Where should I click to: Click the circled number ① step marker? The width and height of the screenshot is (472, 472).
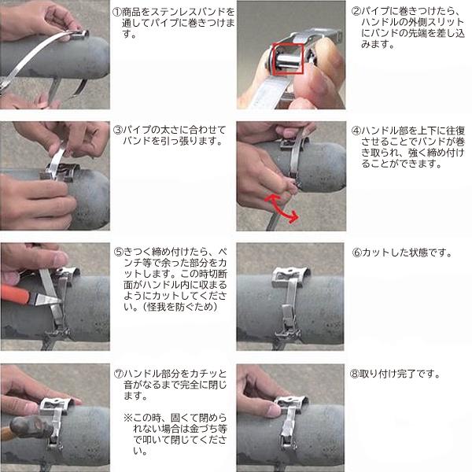coord(117,12)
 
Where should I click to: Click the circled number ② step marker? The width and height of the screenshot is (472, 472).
coord(356,11)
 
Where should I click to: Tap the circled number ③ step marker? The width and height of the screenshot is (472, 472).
coord(117,130)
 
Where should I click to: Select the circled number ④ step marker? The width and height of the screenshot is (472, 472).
coord(356,131)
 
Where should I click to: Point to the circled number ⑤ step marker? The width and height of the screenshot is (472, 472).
coord(119,252)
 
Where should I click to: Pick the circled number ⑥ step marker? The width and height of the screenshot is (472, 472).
coord(356,253)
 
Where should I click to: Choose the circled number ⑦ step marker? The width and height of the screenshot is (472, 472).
coord(119,374)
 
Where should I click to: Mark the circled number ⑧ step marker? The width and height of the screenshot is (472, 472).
coord(355,374)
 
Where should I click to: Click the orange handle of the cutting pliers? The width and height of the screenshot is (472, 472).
coord(15,293)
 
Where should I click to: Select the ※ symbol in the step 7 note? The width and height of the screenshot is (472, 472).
coord(128,418)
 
